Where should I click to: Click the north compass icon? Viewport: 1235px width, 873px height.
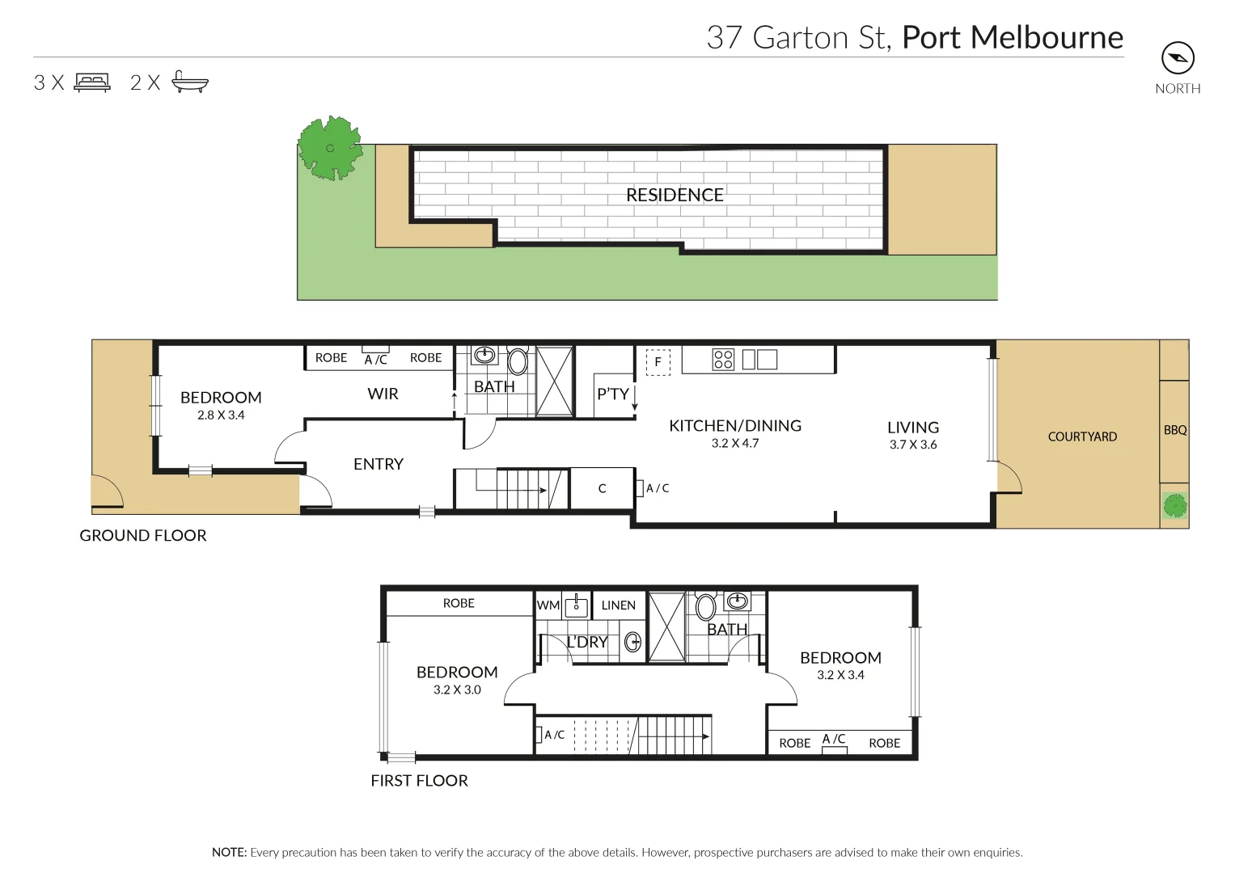point(1178,58)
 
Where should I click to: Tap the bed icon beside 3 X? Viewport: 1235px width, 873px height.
point(92,82)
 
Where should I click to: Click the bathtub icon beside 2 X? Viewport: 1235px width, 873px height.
point(190,82)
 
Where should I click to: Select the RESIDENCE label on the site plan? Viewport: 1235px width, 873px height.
point(675,195)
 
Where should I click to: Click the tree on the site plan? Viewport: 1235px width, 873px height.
point(329,148)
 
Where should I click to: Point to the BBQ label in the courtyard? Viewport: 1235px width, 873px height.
point(1174,430)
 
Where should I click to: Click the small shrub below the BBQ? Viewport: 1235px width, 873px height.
point(1174,507)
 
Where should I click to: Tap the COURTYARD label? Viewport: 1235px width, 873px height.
point(1082,436)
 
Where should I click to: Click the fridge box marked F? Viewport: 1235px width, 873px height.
point(658,361)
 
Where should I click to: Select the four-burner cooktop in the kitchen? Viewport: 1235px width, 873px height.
point(723,359)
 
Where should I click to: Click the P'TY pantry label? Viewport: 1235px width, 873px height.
point(612,394)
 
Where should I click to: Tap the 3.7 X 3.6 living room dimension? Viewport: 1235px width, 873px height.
point(912,445)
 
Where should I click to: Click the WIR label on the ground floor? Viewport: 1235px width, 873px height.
point(383,394)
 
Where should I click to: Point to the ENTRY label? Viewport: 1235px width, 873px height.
point(378,464)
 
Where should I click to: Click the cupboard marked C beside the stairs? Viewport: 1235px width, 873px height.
point(602,488)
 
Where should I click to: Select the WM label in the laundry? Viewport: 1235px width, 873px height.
point(548,605)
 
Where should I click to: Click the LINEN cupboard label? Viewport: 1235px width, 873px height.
point(618,605)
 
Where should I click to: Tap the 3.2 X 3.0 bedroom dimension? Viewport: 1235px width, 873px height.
point(457,690)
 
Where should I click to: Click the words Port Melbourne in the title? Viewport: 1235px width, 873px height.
point(1012,37)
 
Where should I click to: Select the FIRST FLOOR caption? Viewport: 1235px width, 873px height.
point(419,780)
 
